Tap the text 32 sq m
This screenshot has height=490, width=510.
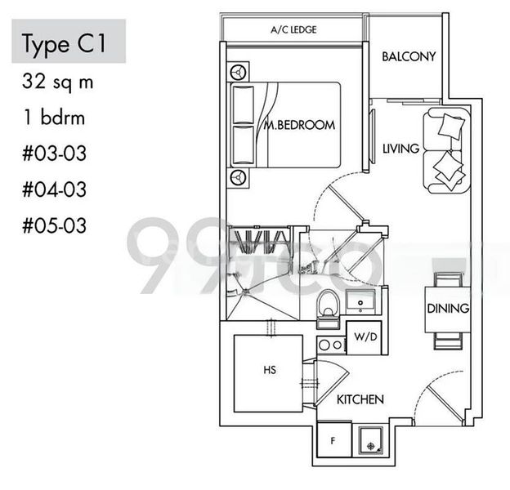coord(54,82)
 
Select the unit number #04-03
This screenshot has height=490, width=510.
coord(54,189)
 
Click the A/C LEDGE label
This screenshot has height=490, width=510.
coord(293,30)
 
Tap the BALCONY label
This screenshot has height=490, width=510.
coord(409,56)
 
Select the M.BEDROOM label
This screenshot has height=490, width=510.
coord(300,126)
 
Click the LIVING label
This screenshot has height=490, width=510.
coord(400,149)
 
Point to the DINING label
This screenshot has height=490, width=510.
coord(447,309)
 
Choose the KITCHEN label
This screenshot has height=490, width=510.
coord(360,400)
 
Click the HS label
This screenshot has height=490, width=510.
coord(269,370)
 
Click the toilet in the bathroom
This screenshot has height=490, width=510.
coord(327,305)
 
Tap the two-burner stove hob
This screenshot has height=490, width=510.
coord(330,345)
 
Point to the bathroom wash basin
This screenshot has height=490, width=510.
coord(360,302)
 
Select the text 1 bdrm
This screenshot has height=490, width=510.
coord(54,118)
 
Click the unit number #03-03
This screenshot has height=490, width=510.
coord(54,154)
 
